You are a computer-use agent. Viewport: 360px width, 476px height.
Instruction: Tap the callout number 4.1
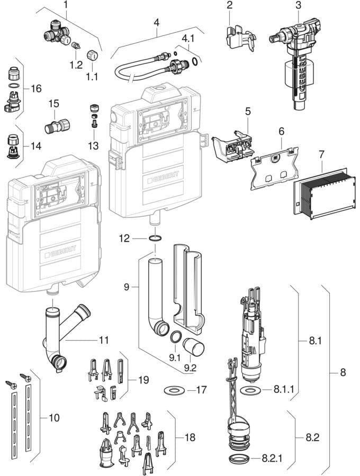tap(188, 39)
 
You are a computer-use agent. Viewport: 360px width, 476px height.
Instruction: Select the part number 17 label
tap(201, 389)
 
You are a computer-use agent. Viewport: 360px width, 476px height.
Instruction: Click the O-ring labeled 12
tap(155, 239)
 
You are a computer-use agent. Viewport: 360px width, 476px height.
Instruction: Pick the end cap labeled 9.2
tap(194, 346)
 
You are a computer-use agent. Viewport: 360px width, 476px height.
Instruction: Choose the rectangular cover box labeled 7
tap(324, 194)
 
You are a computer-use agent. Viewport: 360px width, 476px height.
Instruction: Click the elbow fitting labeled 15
tap(57, 126)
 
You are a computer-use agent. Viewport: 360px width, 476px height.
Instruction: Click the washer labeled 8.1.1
tap(250, 390)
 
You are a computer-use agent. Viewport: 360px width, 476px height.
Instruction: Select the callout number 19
tap(143, 380)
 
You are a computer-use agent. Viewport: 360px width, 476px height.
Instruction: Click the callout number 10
tap(54, 418)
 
